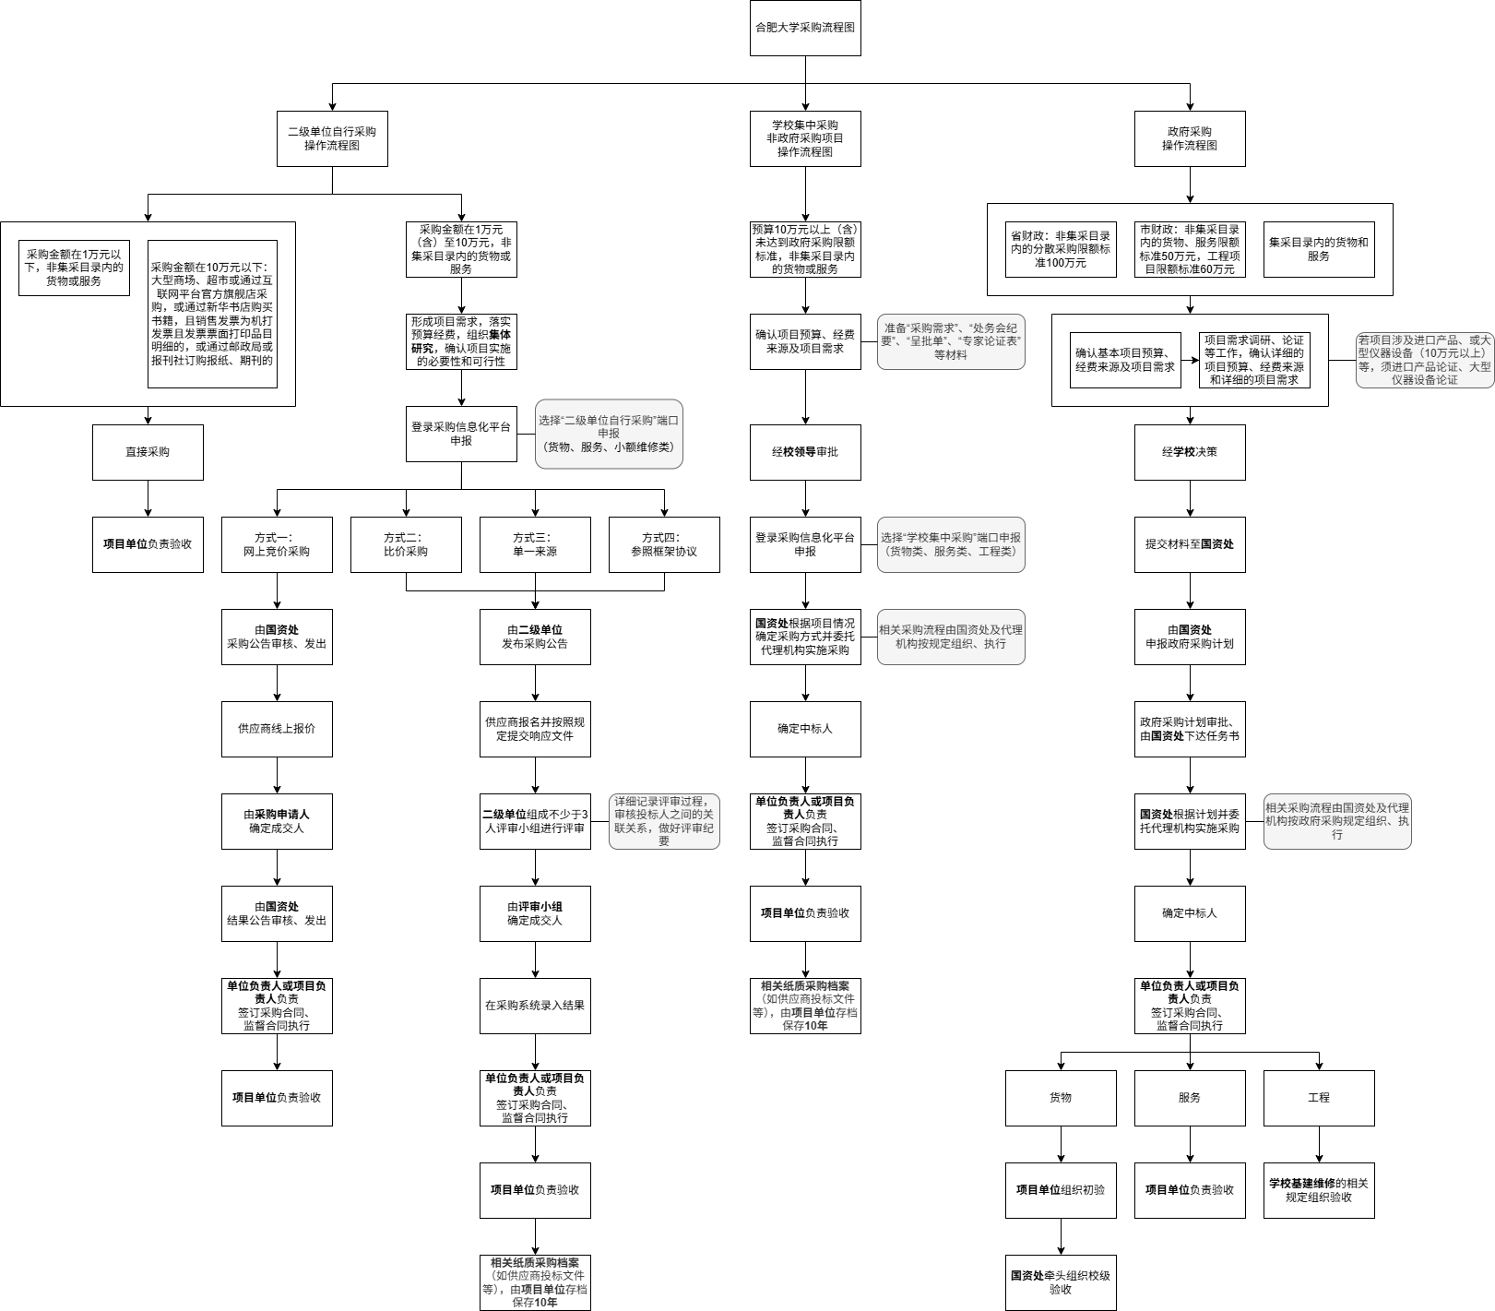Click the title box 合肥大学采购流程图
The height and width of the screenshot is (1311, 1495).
coord(804,28)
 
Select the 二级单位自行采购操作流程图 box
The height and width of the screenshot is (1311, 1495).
coord(332,138)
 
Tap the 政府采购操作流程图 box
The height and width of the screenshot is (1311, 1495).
coord(1189,138)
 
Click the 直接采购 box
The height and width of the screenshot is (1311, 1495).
coord(148,452)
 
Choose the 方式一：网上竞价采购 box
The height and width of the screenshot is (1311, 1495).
coord(277,544)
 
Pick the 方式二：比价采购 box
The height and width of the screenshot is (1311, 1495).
coord(406,544)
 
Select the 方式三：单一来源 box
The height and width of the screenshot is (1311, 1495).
coord(535,544)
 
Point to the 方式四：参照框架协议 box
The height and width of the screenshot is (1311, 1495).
coord(664,544)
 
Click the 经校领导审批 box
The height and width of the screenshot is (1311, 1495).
coord(804,452)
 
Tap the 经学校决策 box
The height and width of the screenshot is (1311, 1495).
coord(1189,452)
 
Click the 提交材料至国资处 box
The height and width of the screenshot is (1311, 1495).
coord(1189,544)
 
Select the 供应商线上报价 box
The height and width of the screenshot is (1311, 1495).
coord(277,729)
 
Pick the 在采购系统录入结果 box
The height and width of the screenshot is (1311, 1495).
coord(535,1006)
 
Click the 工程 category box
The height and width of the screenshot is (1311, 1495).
coord(1318,1098)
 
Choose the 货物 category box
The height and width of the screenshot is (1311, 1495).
coord(1061,1098)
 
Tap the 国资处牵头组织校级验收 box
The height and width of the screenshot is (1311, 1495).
coord(1061,1282)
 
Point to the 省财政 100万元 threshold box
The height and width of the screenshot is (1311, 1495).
coord(1061,249)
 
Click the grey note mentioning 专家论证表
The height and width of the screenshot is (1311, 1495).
coord(950,341)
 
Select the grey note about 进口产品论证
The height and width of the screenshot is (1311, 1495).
coord(1424,360)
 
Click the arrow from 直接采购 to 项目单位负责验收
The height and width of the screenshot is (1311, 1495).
coord(148,498)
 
